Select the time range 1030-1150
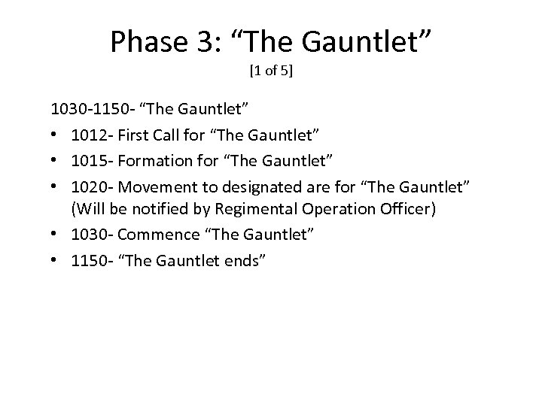[x=94, y=110]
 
